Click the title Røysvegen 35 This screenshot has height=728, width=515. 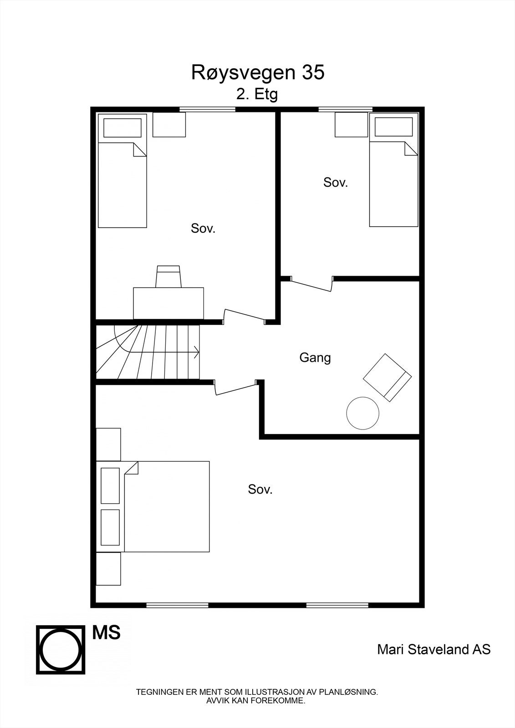[258, 73]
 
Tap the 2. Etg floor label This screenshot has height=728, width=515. [256, 95]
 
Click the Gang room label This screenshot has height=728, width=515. [315, 358]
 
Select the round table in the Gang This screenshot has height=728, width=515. [362, 413]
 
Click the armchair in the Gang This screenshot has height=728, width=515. [387, 377]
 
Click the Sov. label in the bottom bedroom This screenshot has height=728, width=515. [260, 490]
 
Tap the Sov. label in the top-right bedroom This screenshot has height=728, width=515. [335, 182]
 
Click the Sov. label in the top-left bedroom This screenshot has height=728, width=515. [203, 228]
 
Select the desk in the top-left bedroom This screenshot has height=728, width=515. [168, 303]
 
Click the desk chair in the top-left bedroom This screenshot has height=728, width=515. [168, 277]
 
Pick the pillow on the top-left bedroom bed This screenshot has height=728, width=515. [122, 128]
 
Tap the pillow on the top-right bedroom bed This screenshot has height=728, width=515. [393, 126]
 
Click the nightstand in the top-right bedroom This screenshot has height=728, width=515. [351, 124]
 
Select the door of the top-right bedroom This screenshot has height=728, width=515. [311, 285]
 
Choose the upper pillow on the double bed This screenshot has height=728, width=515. [110, 485]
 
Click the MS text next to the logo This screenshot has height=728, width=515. [107, 632]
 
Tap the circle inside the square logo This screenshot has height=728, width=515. [61, 649]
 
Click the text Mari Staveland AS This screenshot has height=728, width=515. [433, 649]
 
